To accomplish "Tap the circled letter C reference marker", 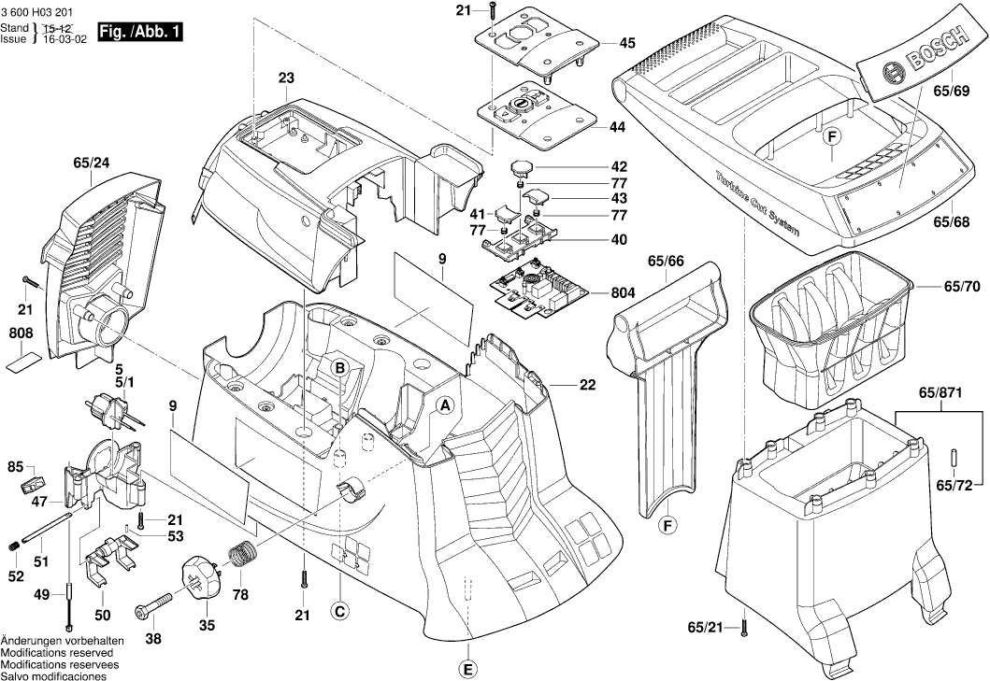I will pyautogui.click(x=340, y=611).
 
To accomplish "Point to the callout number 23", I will pyautogui.click(x=286, y=78).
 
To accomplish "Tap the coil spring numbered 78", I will pyautogui.click(x=243, y=554).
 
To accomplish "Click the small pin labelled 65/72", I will pyautogui.click(x=954, y=457).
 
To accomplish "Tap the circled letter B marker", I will pyautogui.click(x=340, y=368).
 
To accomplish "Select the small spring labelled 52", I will pyautogui.click(x=14, y=546).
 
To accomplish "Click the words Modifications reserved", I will pyautogui.click(x=54, y=652).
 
